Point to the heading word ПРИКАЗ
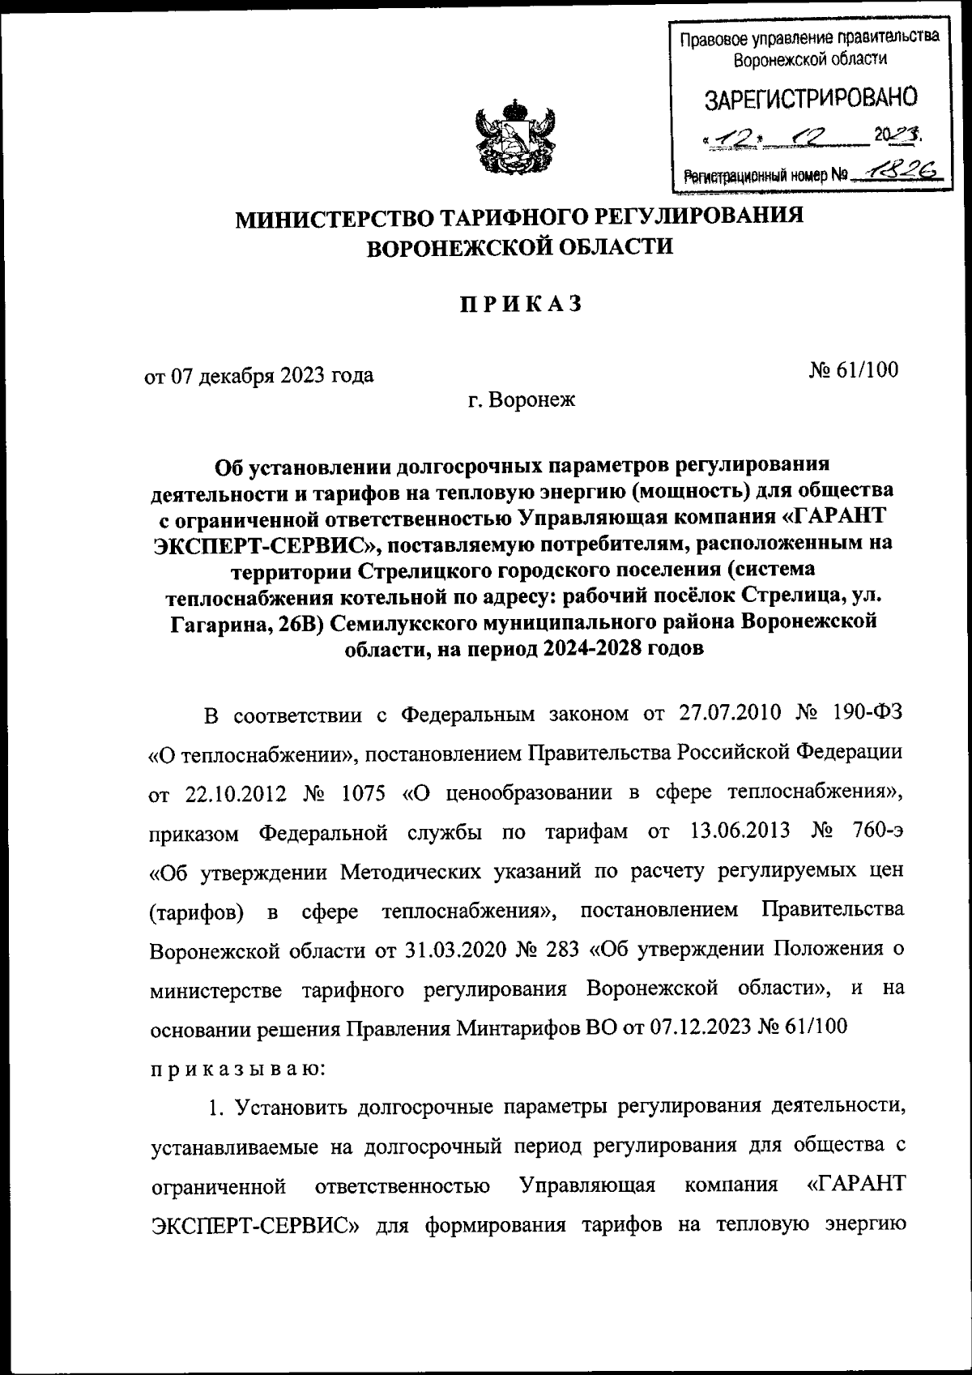coord(522,305)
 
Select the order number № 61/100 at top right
coord(853,369)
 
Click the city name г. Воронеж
coord(522,399)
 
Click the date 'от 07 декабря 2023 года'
coord(259,375)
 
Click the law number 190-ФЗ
coord(867,714)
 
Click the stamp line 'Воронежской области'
coord(809,58)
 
